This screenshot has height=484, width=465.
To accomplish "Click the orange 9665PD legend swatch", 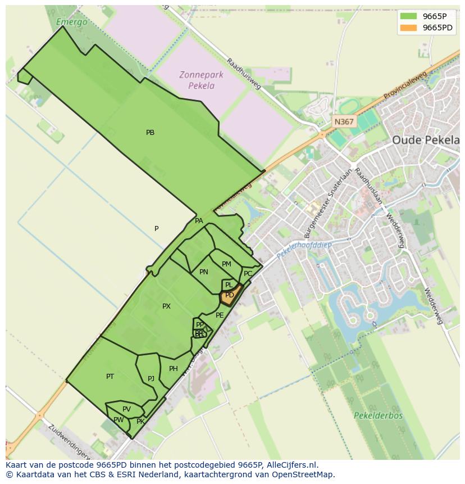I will (408, 28).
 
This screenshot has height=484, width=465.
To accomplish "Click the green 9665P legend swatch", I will (408, 16).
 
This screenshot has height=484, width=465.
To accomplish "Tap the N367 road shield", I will (343, 121).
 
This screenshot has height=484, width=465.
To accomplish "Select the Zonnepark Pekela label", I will (201, 80).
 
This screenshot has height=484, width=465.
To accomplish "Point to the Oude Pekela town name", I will (425, 140).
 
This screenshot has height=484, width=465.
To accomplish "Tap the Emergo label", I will (72, 22).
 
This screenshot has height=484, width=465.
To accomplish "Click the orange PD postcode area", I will (230, 295).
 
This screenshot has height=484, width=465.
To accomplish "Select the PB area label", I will (150, 133).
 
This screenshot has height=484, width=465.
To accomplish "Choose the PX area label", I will (166, 306).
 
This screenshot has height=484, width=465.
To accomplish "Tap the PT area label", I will (110, 376).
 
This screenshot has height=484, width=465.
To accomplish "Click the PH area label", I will (173, 369).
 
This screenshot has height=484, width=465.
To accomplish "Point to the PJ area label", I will (151, 379).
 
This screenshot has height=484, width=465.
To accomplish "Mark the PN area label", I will (204, 272).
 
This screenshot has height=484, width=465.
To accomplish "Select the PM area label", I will (226, 264).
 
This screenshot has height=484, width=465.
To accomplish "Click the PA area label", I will (199, 221).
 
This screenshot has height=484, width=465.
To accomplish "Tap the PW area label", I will (118, 420).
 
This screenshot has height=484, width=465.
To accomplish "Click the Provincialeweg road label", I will (405, 86).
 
